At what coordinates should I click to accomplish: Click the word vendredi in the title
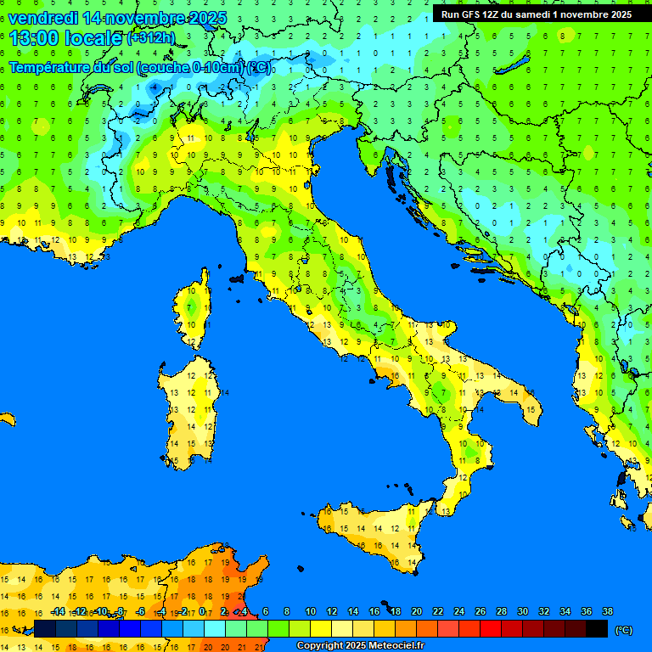point(42,18)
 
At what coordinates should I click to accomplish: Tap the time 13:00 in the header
point(34,38)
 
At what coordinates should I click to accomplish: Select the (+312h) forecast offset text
point(150,38)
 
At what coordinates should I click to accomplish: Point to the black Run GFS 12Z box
point(536,14)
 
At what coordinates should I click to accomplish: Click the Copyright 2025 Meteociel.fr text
point(360,646)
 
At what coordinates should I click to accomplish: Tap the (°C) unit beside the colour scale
point(623,629)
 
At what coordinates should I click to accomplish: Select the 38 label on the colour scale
point(607,611)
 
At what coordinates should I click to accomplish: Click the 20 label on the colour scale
point(416,611)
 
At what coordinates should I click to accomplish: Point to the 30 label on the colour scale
point(522,611)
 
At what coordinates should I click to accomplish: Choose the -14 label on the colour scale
point(58,611)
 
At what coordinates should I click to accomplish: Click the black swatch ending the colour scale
point(597,629)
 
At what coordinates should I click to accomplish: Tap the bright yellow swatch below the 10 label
point(321,629)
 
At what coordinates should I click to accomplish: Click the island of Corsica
point(194,310)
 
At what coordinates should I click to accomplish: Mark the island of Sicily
point(374,531)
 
